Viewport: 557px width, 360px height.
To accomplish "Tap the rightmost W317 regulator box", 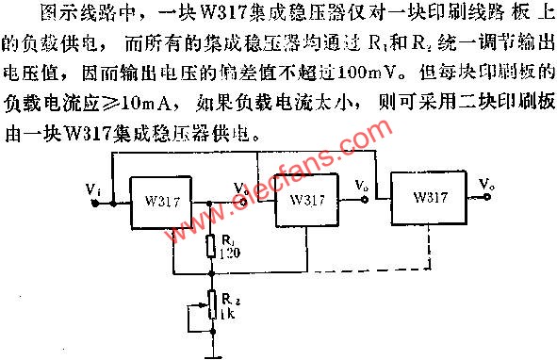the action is pos(429,199).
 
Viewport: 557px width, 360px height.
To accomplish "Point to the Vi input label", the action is pos(92,191).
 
